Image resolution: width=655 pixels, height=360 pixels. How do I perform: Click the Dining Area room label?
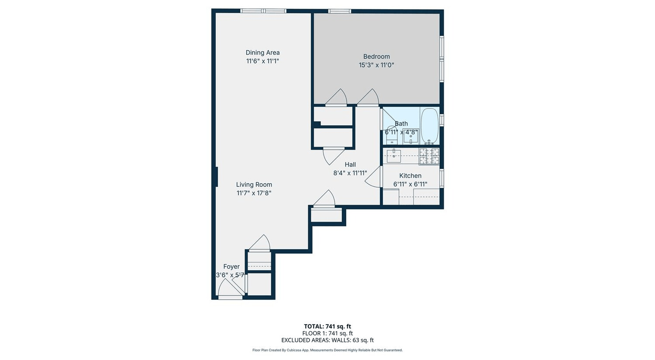(262, 53)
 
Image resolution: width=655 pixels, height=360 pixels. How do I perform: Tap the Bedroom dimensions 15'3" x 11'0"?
(376, 65)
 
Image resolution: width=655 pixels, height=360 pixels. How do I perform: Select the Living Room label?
(254, 185)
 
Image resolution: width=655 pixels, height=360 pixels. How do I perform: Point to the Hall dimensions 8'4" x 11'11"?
(350, 173)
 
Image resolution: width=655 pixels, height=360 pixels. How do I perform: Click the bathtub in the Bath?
(430, 126)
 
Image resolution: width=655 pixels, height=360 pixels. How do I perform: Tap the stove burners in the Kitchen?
(429, 156)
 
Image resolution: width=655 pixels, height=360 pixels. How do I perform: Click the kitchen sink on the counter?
(394, 156)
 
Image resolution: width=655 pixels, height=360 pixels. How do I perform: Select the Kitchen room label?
(410, 175)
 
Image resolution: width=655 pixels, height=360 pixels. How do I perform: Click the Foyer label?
(231, 267)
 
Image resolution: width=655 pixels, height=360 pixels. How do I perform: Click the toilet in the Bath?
(391, 135)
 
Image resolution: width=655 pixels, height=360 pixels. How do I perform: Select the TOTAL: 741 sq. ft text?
(327, 326)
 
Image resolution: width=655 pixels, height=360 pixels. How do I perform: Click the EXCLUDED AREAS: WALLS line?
(327, 340)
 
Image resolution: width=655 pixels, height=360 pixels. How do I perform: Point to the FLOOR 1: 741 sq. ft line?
(327, 333)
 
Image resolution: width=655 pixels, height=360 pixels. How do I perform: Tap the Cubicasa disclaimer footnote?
(327, 350)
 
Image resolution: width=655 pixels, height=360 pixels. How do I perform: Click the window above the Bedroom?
(339, 11)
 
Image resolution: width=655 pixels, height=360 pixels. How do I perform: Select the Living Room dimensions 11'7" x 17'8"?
(254, 193)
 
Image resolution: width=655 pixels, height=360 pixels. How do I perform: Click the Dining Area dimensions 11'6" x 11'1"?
(262, 61)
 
